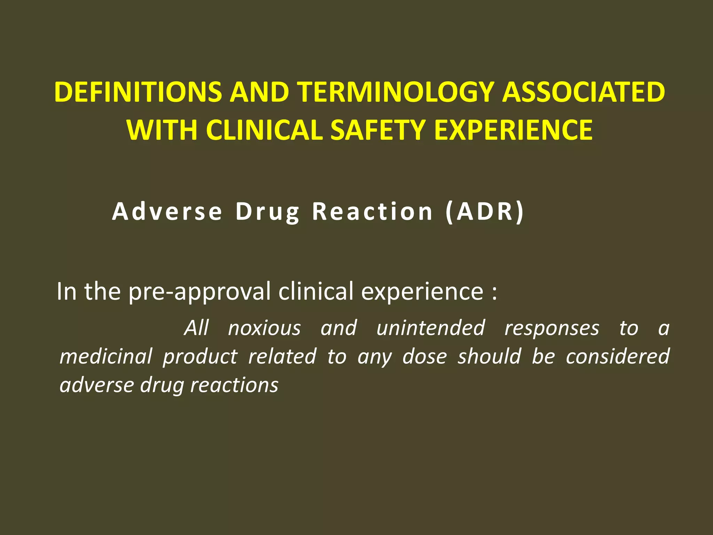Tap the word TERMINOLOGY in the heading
pos(397,92)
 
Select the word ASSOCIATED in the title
pos(583,92)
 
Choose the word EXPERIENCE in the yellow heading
pos(513,130)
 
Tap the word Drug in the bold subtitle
pos(267,212)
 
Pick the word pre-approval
pos(199,292)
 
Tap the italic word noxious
pos(265,328)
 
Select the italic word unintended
pos(431,328)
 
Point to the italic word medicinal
pos(106,357)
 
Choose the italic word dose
pos(425,357)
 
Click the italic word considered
pos(617,357)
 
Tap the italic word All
pos(197,328)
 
